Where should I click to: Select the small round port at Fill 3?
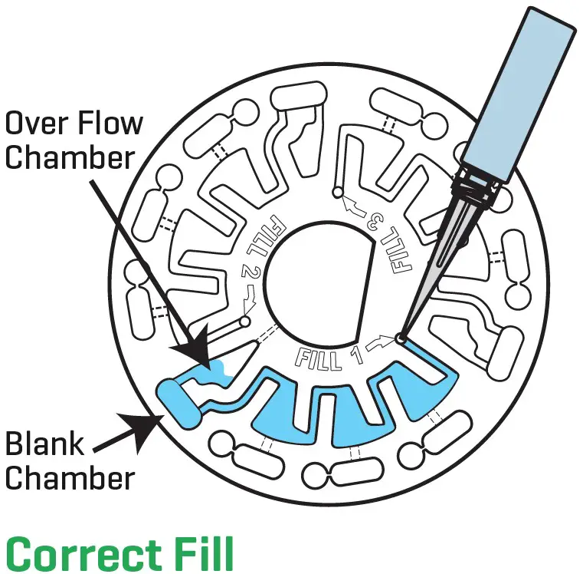pyautogui.click(x=338, y=193)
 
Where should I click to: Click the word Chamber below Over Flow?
pyautogui.click(x=70, y=157)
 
